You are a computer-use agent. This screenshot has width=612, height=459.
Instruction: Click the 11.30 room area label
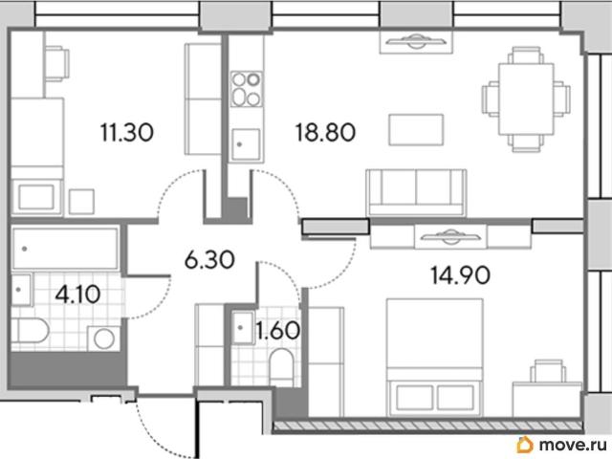point(127,132)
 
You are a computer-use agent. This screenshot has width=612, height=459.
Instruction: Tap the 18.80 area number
point(325,132)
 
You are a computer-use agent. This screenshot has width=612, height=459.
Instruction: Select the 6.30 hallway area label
point(209,260)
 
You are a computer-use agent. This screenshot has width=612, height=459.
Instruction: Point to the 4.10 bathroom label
point(77,295)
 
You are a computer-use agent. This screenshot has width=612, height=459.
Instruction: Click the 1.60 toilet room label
point(277,330)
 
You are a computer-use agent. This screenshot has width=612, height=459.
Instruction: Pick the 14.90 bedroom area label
point(461,274)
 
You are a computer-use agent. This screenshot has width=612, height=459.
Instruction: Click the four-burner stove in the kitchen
point(247,89)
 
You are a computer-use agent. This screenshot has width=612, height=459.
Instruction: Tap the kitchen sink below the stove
point(246,144)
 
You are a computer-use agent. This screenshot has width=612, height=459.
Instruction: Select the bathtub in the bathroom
point(65,249)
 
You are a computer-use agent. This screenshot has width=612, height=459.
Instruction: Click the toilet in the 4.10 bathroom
point(30,331)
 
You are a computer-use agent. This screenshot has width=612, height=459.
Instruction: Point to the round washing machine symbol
point(103,339)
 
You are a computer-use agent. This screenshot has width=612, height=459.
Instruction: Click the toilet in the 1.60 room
point(281,363)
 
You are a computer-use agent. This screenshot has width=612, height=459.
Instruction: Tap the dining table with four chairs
point(526,99)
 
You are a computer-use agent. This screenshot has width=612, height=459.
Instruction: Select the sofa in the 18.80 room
point(416,192)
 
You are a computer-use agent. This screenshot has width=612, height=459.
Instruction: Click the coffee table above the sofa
point(416,130)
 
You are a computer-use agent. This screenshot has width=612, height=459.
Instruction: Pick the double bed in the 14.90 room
point(435,358)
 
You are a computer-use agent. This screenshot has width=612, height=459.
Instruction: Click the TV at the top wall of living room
point(416,41)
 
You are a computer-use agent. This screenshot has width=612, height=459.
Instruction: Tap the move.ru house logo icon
point(525,445)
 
